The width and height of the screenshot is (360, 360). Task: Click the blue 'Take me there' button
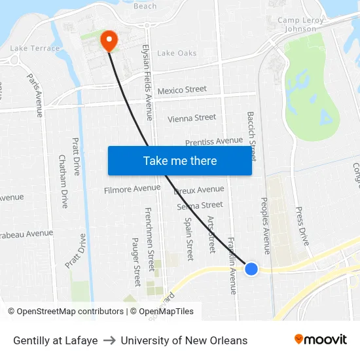(179, 160)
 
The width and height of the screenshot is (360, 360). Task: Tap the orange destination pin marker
(108, 41)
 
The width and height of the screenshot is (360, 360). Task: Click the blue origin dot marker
(251, 268)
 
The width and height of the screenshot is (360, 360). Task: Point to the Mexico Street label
(182, 90)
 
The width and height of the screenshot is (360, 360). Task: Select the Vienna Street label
(192, 118)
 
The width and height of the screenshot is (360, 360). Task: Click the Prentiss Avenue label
(214, 141)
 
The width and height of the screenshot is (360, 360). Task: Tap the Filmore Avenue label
(132, 189)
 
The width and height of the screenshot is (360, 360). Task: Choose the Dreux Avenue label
(199, 190)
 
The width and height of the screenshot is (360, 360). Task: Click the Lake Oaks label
(177, 53)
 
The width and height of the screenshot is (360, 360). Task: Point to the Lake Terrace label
(35, 48)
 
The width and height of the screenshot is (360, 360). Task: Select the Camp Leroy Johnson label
(301, 25)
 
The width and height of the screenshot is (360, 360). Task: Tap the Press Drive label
(302, 226)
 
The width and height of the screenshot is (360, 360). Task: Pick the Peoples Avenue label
(266, 225)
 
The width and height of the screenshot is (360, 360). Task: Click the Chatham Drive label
(63, 181)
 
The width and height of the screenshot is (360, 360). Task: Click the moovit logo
(320, 339)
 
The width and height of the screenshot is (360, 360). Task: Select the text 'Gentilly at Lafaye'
(56, 340)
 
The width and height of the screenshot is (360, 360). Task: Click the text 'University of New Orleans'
(184, 340)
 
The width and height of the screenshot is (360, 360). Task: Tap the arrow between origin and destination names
(109, 340)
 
